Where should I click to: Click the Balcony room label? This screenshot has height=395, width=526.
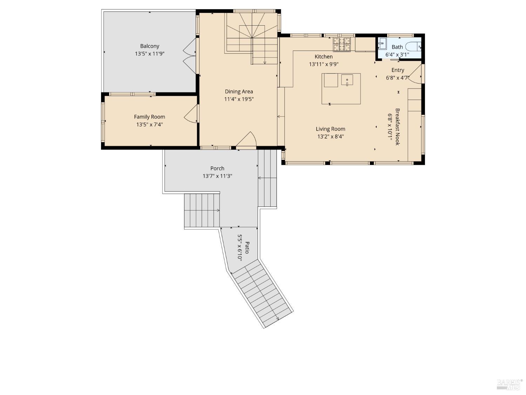149,46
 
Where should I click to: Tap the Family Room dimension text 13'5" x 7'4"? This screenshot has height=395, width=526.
149,124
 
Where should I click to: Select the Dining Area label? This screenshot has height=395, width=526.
239,91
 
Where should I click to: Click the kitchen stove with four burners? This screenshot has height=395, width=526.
342,44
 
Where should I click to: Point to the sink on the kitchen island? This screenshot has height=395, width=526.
346,80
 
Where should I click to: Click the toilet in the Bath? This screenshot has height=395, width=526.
413,46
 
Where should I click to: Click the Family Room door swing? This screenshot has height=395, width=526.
191,114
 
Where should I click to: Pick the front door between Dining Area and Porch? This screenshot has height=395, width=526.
247,140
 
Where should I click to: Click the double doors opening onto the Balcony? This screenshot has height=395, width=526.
189,56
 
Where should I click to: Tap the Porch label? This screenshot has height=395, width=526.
217,168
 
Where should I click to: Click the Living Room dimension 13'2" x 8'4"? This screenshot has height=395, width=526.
330,137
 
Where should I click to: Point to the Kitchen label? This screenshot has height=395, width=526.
323,57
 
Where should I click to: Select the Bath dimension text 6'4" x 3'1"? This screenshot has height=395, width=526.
397,54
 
